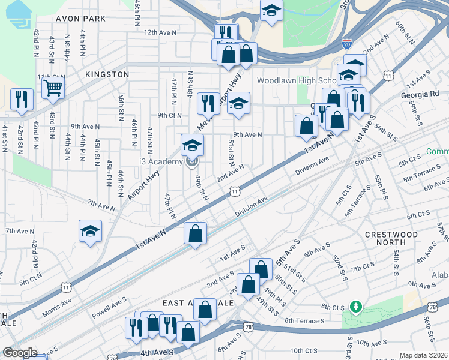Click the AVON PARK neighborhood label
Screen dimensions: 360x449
click(x=80, y=19)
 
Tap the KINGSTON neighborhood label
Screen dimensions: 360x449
click(x=107, y=74)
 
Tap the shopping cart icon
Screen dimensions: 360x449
click(x=53, y=88)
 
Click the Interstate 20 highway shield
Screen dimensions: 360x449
click(x=347, y=43)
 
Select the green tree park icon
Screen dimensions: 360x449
click(x=356, y=307)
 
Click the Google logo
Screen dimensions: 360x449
click(x=19, y=353)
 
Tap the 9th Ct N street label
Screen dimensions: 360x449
click(x=169, y=115)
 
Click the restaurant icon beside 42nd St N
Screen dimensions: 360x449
click(x=22, y=99)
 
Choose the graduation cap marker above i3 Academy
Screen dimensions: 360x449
click(x=192, y=145)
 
